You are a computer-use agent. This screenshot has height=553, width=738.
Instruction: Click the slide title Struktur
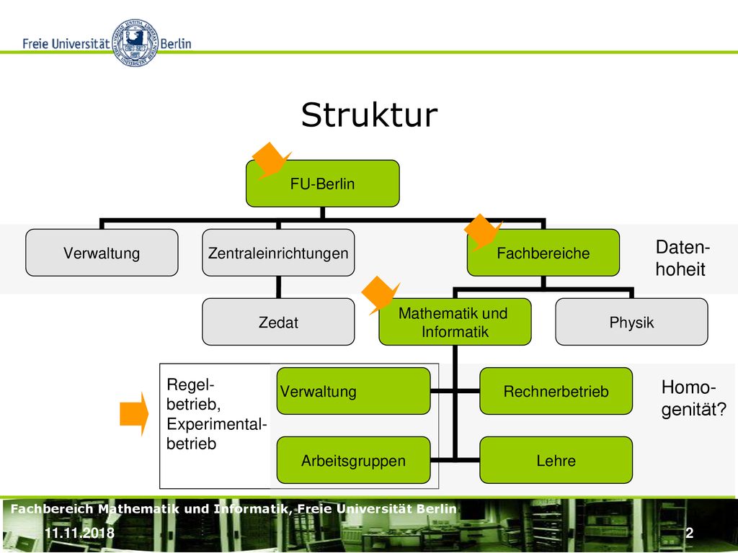point(370,115)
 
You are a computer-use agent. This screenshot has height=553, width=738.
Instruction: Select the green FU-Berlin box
point(322,184)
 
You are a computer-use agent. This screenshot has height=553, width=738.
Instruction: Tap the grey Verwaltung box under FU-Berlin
point(102,253)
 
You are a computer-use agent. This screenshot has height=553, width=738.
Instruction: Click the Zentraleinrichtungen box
point(278,253)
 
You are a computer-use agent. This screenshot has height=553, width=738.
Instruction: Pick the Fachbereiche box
point(543,253)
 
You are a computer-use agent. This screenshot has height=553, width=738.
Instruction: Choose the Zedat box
point(278,322)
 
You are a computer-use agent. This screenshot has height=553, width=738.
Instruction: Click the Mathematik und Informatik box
point(455,322)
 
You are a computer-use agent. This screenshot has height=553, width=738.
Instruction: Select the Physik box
point(631,322)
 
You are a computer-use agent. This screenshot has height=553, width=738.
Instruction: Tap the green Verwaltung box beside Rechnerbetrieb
point(353,391)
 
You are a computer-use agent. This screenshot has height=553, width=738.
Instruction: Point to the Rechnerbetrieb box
point(556,391)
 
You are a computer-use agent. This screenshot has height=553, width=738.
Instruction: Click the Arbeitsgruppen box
point(353,460)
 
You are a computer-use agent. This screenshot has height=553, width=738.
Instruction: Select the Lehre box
point(556,460)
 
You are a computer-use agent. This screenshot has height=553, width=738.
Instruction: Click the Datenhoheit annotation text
point(682,258)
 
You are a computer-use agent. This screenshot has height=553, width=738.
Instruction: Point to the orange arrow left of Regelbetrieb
point(134,414)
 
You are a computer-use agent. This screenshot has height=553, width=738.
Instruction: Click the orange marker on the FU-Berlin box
point(272,161)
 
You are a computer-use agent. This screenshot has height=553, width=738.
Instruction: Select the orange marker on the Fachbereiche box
point(483,232)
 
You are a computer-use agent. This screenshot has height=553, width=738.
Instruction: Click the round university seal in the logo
point(135,42)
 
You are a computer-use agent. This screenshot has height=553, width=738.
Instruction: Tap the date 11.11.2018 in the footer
point(79,533)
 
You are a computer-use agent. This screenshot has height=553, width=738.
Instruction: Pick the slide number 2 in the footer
point(690,533)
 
